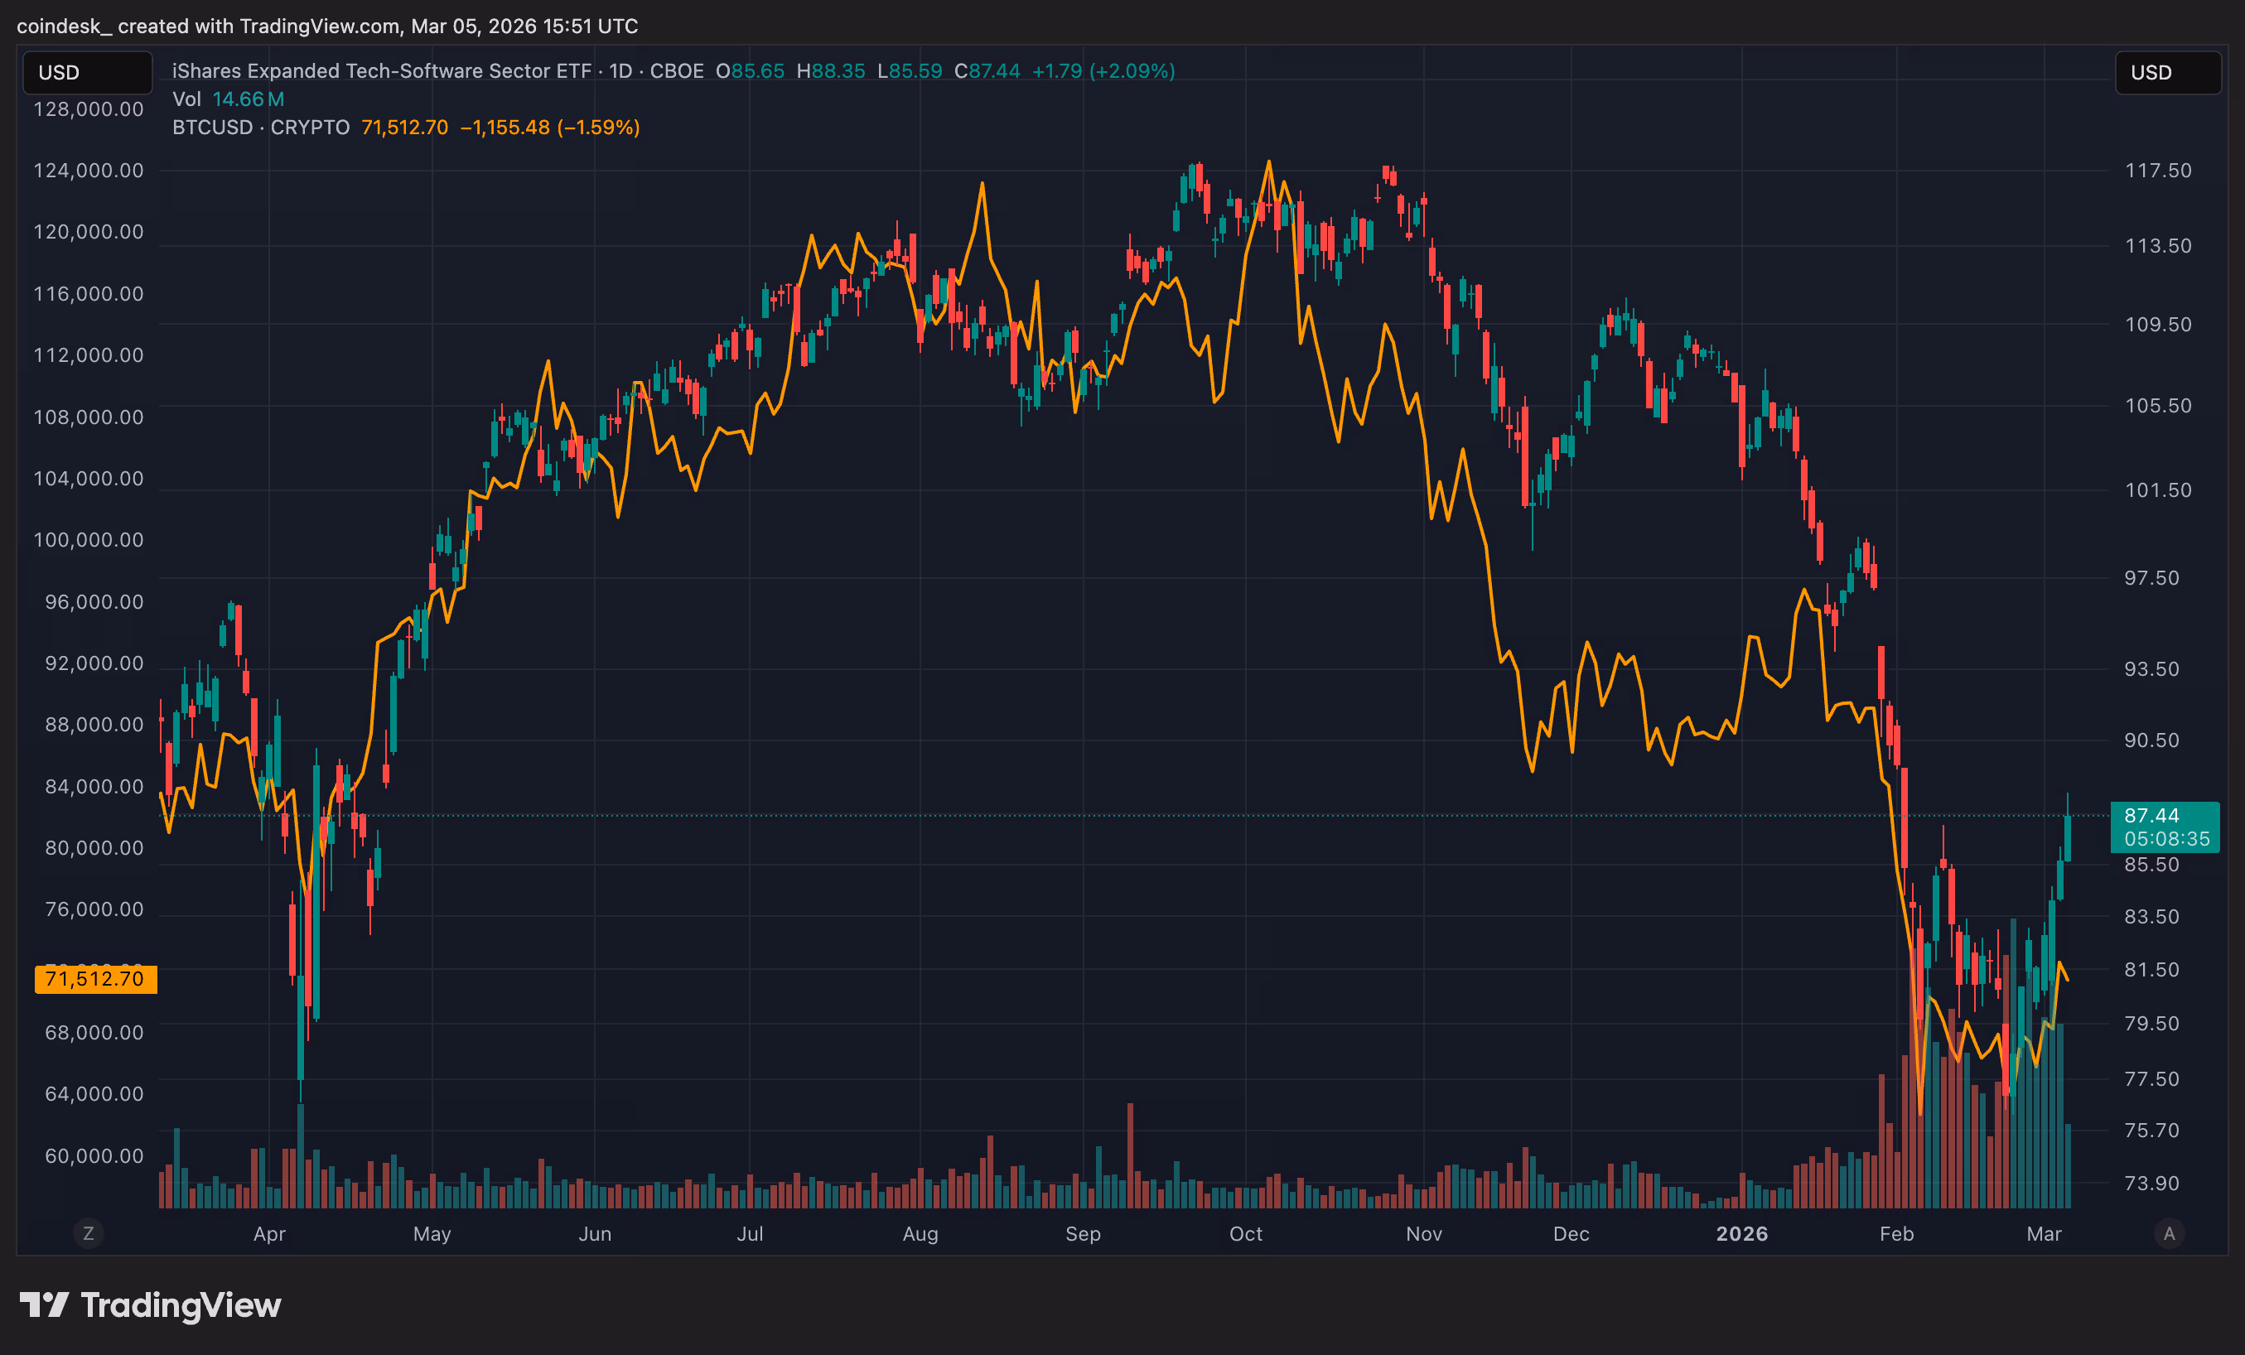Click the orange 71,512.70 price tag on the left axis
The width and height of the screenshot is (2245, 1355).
coord(94,979)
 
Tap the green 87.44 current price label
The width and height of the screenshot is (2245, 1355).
coord(2152,816)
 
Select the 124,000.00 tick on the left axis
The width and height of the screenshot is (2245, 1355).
coord(89,171)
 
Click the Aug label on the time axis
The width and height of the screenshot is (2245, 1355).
coord(920,1234)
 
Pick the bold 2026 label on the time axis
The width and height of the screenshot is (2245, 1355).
coord(1742,1234)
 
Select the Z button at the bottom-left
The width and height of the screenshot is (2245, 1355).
coord(89,1234)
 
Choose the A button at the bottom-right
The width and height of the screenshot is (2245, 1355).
coord(2170,1234)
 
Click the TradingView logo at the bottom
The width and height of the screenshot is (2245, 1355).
coord(150,1304)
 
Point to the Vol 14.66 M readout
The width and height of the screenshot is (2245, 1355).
coord(229,99)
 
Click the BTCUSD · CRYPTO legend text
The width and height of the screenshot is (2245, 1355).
coord(261,128)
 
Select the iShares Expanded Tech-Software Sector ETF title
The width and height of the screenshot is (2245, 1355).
coord(382,71)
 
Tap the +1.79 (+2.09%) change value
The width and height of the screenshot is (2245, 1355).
coord(1103,71)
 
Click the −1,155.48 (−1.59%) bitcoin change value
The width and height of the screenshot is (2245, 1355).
coord(549,128)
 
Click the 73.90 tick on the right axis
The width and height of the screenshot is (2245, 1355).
coord(2152,1183)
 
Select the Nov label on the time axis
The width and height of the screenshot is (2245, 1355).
coord(1424,1234)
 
